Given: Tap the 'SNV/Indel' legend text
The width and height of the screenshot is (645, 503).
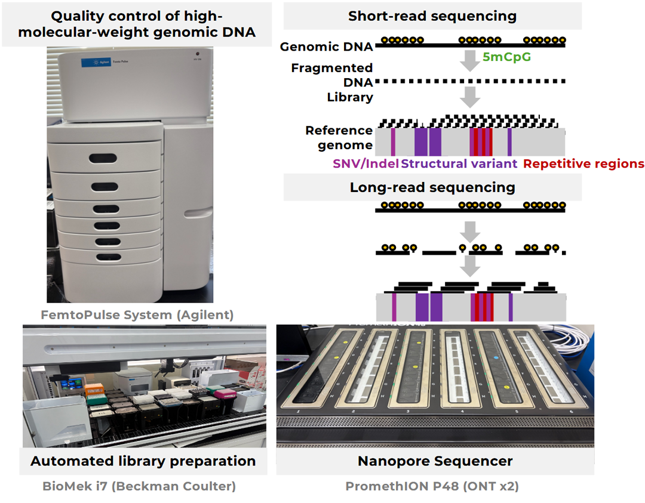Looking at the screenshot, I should point(366,163).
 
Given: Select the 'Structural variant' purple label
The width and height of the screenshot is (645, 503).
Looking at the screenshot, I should point(459,163).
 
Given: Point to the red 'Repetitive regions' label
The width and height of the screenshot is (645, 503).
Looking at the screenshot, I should point(583,163).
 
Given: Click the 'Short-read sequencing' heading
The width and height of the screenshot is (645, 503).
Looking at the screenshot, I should point(432,16).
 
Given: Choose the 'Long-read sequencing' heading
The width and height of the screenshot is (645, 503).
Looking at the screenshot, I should point(432,187).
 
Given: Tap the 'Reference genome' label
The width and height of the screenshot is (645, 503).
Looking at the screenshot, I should point(339,138).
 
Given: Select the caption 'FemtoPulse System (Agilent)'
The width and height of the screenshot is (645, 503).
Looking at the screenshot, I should point(137,314).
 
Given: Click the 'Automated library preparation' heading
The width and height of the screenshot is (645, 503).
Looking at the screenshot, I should point(143,461).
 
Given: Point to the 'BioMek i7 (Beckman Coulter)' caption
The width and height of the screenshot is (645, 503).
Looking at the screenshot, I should point(139,486).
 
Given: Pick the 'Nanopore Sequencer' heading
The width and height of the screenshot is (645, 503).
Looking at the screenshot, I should point(435,461).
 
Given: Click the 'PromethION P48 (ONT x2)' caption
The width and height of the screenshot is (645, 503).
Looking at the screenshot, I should point(432,486).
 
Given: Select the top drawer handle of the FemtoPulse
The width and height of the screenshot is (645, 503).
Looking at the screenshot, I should point(104,158).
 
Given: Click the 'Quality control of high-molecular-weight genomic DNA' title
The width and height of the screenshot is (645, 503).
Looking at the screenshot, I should point(137,24).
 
